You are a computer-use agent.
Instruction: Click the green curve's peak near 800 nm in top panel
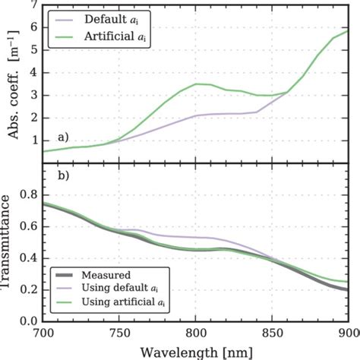pos(197,84)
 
